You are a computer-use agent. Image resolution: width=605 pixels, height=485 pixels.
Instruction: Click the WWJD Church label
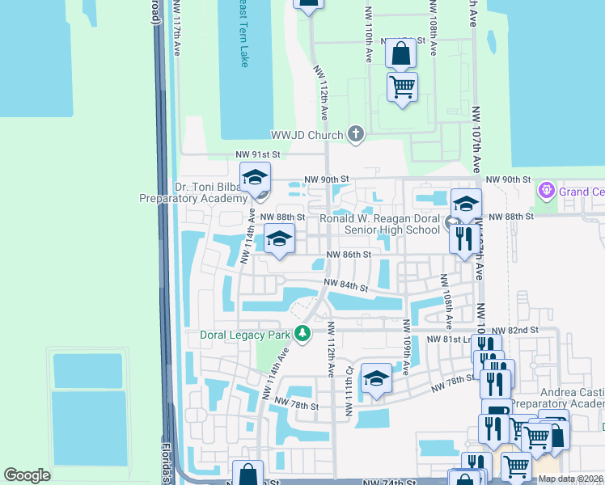point(307,135)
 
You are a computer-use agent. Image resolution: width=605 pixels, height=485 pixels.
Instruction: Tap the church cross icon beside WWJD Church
point(355,134)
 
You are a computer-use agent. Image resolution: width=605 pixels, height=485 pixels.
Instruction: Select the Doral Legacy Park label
point(246,334)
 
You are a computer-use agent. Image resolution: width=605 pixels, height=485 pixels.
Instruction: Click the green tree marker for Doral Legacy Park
point(302,333)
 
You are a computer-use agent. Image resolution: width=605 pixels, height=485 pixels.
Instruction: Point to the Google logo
point(27,475)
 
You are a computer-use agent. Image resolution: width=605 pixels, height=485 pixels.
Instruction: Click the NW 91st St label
point(257,154)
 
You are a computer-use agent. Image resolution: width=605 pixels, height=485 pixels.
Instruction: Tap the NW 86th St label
point(348,255)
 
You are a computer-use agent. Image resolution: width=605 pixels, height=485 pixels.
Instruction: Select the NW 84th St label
point(346,285)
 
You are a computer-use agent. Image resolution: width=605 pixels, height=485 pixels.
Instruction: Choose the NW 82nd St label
point(513,331)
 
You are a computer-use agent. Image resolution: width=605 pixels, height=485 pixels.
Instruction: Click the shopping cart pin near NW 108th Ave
point(402,85)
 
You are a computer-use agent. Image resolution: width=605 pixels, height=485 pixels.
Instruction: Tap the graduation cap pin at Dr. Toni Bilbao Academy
point(255,177)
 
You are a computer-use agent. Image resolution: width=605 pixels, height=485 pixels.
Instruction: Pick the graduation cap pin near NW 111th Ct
point(376,378)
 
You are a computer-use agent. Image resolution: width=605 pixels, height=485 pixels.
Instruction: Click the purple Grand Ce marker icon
point(546,191)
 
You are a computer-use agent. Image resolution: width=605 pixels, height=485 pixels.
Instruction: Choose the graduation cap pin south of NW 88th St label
point(279,239)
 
